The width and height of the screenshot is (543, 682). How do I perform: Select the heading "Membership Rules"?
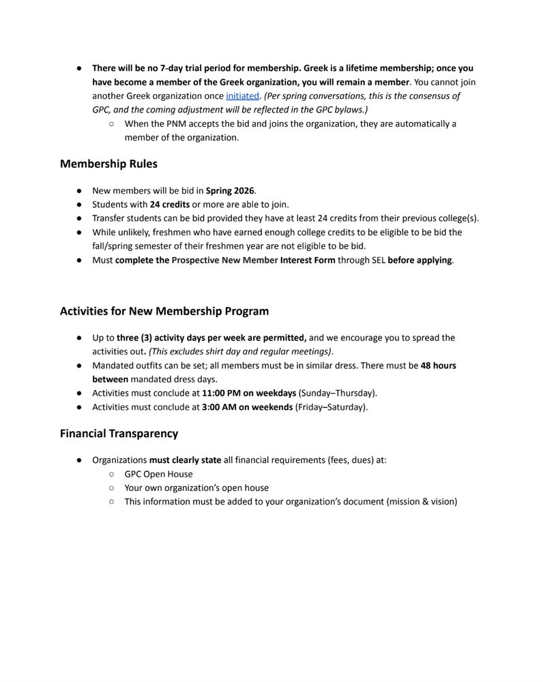[x=108, y=164]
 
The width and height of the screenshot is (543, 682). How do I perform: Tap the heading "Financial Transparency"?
[x=119, y=434]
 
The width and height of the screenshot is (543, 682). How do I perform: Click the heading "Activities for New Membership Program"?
[x=164, y=311]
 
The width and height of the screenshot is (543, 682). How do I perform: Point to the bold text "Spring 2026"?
[x=231, y=191]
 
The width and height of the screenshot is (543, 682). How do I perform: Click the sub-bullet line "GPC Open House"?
[x=158, y=474]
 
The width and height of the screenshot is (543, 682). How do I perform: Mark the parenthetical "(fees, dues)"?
[x=344, y=460]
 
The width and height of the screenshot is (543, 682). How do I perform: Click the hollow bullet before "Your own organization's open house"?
[x=111, y=488]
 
